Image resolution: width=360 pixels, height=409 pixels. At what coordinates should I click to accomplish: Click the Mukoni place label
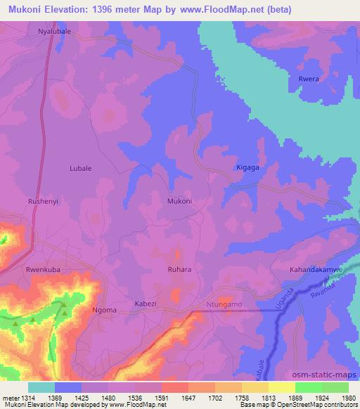pyautogui.click(x=179, y=202)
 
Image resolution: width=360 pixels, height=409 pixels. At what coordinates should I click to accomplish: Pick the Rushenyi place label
pyautogui.click(x=41, y=202)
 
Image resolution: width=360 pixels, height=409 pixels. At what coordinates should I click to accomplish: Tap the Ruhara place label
pyautogui.click(x=176, y=268)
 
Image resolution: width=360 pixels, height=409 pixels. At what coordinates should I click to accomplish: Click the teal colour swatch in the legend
pyautogui.click(x=41, y=387)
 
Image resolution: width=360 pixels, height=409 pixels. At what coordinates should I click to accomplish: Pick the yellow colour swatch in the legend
pyautogui.click(x=282, y=387)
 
